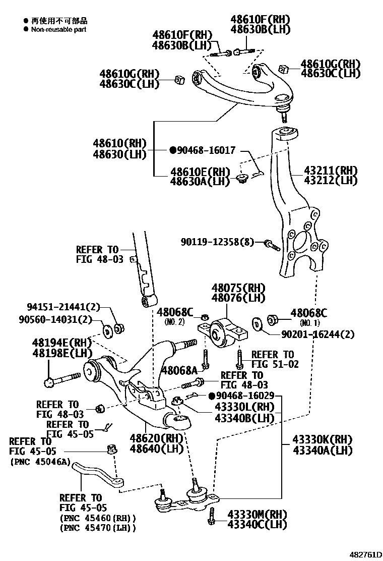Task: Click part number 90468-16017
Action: click(x=206, y=150)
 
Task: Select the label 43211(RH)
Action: click(x=330, y=171)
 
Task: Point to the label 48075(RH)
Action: click(x=238, y=288)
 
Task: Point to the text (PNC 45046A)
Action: click(x=39, y=462)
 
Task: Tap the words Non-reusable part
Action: click(x=58, y=29)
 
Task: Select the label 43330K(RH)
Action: click(x=323, y=439)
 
